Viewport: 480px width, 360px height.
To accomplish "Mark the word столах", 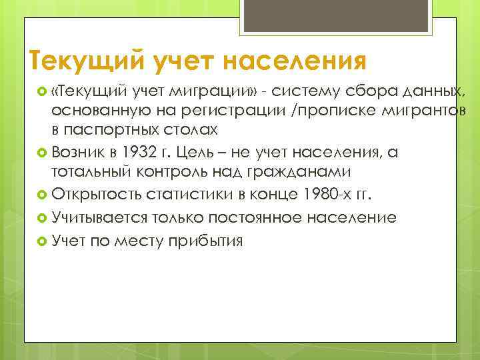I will click(x=191, y=127).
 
